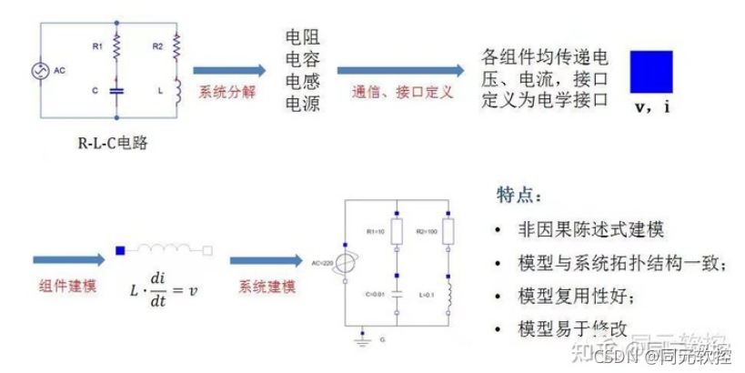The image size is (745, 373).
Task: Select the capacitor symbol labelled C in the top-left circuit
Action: [x=116, y=90]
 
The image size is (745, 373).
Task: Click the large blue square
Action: [x=651, y=72]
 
